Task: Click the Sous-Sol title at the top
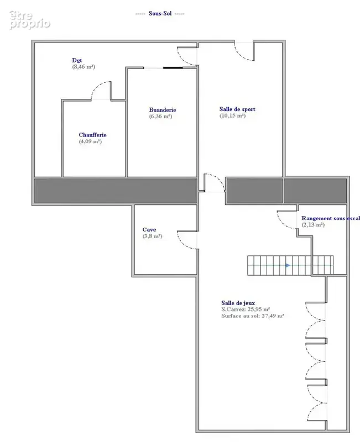[160, 13]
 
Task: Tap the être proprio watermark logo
[29, 19]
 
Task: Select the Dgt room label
[77, 60]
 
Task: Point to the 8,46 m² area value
[84, 67]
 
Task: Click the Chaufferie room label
[92, 135]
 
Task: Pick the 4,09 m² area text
[90, 141]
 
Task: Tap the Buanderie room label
[163, 110]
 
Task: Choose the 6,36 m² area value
[160, 117]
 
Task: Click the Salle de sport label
[237, 109]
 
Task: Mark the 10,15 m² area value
[232, 115]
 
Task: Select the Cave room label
[149, 230]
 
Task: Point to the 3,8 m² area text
[153, 236]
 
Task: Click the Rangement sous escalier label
[331, 218]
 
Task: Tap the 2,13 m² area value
[313, 225]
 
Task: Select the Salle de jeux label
[238, 303]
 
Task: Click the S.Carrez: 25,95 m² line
[246, 309]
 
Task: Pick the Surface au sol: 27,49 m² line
[253, 316]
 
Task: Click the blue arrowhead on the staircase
[288, 266]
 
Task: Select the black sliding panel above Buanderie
[173, 67]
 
